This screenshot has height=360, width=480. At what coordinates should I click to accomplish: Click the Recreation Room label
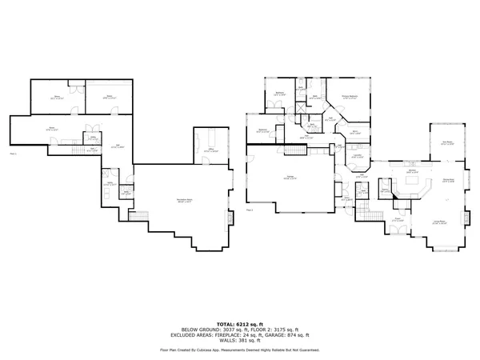pyautogui.click(x=166, y=199)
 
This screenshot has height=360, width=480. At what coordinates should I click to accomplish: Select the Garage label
pyautogui.click(x=281, y=176)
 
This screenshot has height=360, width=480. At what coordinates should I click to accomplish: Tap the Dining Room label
pyautogui.click(x=447, y=181)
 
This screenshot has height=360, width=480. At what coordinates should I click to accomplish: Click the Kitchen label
pyautogui.click(x=411, y=170)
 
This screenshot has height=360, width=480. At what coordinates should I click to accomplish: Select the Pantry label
pyautogui.click(x=385, y=190)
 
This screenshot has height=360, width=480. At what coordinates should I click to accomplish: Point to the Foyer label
pyautogui.click(x=397, y=218)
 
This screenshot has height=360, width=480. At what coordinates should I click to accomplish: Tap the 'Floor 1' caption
pyautogui.click(x=13, y=152)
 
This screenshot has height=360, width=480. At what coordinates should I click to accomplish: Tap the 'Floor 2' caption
pyautogui.click(x=250, y=210)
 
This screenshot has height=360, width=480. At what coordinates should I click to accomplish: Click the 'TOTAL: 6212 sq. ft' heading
pyautogui.click(x=239, y=324)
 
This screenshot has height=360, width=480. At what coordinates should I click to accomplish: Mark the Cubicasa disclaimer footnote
pyautogui.click(x=239, y=350)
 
